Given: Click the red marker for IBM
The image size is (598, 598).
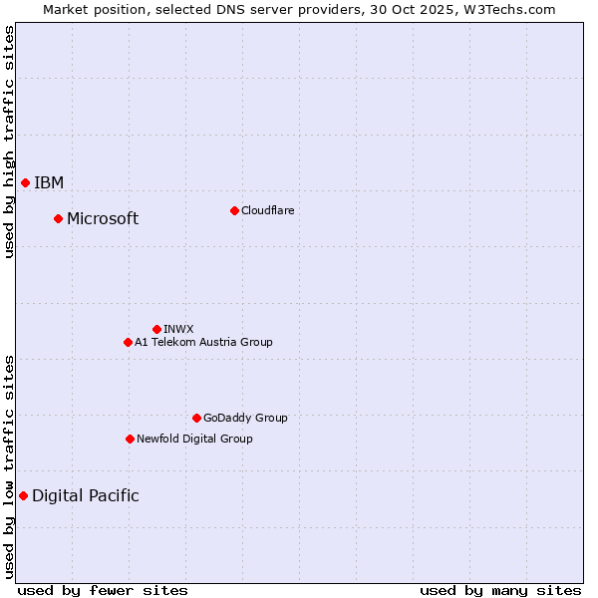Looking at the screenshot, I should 25,182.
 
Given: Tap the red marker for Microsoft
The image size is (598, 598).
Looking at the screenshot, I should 58,218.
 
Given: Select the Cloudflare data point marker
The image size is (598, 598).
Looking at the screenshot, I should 234,210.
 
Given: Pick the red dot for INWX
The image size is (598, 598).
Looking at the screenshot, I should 156,329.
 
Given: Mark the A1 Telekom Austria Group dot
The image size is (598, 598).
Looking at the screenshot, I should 128,342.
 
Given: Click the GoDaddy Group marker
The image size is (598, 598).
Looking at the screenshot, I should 196,418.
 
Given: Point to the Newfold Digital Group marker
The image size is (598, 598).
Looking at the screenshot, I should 130,439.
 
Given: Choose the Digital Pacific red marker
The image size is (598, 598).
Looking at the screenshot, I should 23,495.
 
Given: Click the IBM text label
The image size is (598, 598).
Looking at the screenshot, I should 49,182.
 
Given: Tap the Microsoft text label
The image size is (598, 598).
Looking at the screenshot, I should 103,218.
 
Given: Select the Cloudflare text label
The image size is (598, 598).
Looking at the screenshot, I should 267,210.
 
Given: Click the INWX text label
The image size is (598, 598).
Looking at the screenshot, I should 178,329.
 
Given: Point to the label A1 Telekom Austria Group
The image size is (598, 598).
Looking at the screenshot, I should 203,342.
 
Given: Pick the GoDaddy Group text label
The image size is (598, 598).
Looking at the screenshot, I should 245,418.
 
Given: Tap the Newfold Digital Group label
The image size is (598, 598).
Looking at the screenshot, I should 194,439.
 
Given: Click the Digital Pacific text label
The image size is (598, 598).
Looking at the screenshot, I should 86,495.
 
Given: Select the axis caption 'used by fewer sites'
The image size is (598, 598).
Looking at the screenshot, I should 103,590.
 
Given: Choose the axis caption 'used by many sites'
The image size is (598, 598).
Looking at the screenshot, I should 500,590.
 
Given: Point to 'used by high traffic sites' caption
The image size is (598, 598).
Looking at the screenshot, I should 9,142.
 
